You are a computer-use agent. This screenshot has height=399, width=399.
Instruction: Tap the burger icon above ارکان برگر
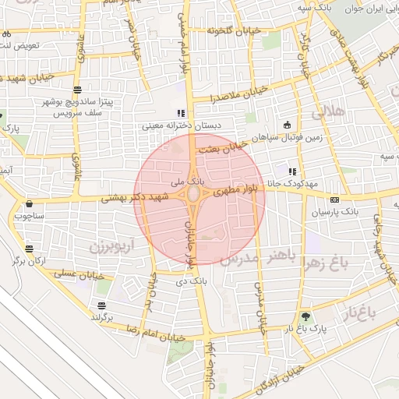coord(29,249)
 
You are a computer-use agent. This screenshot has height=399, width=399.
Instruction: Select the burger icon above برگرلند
coord(102,305)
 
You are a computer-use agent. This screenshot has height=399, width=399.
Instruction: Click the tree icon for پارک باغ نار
coord(305,316)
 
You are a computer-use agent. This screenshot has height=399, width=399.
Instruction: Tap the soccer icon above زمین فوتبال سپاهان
coord(287,125)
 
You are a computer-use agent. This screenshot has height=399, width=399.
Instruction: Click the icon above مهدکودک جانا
coord(292,171)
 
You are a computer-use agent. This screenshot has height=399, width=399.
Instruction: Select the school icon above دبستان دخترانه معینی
coord(181,113)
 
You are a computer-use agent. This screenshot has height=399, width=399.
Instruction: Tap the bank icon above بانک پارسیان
coord(334,199)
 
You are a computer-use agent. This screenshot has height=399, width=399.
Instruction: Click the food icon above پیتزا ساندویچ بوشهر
coord(77,90)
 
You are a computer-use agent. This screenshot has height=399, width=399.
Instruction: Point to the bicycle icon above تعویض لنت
coord(6,34)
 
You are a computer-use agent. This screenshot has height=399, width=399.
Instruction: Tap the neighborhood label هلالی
coord(328,112)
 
